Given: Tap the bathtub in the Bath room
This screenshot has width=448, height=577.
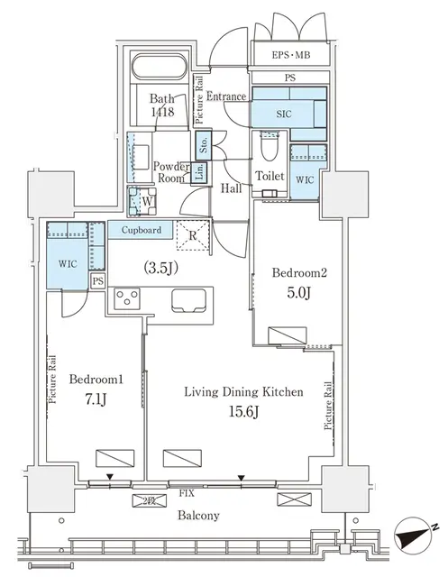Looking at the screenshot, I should coord(161,69).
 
